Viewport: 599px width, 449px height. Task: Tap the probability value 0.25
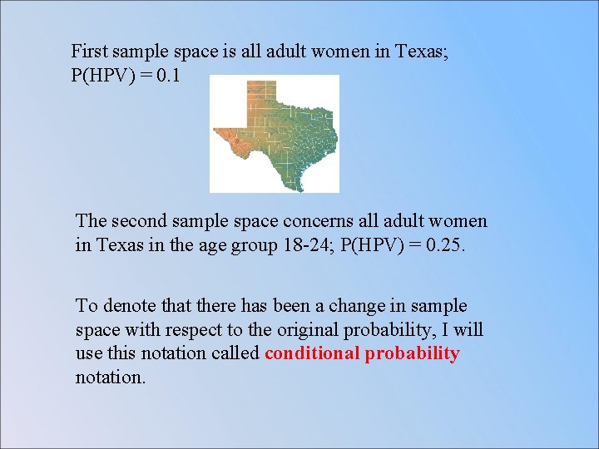(448, 246)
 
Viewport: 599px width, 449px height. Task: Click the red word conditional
(311, 353)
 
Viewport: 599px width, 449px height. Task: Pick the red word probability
(411, 353)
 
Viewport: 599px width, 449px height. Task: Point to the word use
(88, 354)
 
